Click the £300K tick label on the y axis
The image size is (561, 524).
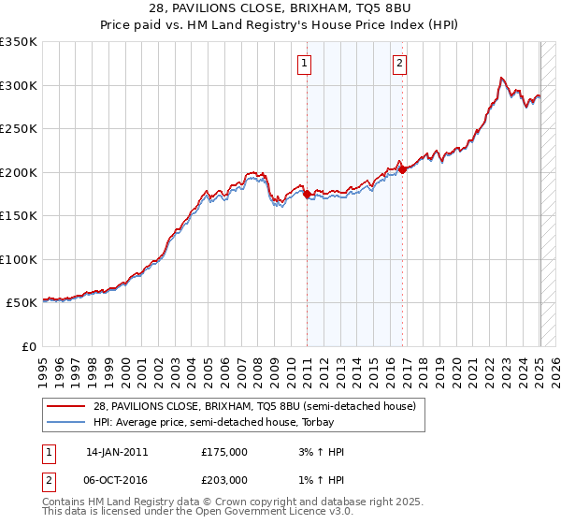coord(19,85)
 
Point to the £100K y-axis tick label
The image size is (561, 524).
coord(19,259)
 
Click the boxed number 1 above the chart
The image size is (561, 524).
coord(306,64)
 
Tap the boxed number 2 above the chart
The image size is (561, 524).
coord(399,64)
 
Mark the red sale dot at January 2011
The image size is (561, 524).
coord(307,194)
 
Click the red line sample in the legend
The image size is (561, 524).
coord(66,406)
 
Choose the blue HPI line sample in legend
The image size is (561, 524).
coord(66,423)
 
